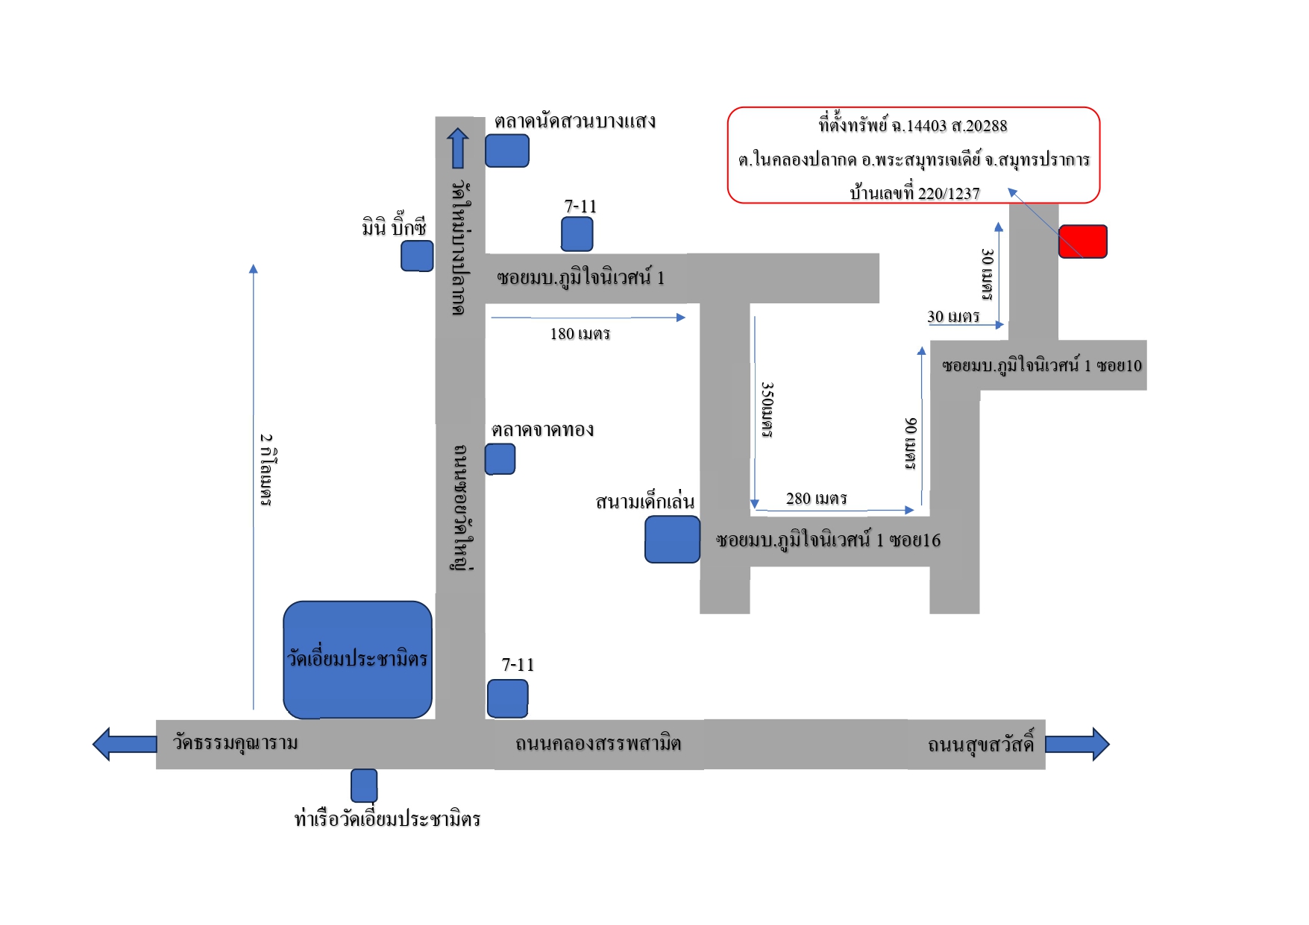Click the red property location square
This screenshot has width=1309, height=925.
pos(1082,241)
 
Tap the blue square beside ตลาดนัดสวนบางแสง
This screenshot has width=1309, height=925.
pos(507,151)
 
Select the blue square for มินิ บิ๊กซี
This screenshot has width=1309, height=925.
pos(417,256)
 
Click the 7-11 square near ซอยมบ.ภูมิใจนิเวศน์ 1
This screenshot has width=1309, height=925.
pos(577,234)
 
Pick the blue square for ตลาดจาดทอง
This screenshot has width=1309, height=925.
pos(500,459)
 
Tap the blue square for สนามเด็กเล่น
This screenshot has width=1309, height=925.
pos(672,539)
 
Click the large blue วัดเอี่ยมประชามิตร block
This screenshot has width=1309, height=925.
pos(358,660)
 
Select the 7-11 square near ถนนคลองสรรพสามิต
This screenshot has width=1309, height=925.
pos(508,698)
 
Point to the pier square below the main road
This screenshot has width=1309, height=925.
pos(364,786)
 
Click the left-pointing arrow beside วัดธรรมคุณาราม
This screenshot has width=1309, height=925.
pos(125,744)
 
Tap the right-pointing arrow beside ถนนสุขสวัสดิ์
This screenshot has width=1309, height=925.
pos(1077,744)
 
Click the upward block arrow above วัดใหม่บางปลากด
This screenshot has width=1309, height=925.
pos(458,148)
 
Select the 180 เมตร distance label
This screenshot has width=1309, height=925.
pos(580,334)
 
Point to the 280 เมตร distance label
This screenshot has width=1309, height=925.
pos(817,499)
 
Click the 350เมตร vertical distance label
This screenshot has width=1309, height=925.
pos(767,410)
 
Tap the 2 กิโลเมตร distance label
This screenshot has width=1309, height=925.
pos(266,470)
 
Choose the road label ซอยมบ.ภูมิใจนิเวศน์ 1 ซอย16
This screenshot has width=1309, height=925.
pos(829,540)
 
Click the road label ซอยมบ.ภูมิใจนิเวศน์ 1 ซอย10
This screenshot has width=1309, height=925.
pos(1042,366)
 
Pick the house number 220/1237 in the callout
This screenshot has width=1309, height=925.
pos(949,194)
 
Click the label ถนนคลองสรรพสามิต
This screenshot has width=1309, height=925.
pos(598,743)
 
